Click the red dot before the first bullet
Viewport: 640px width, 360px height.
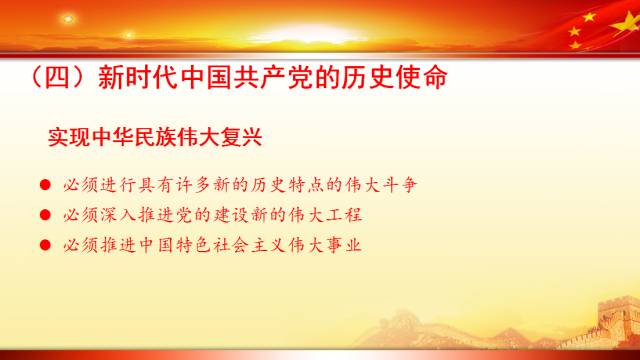tap(44, 186)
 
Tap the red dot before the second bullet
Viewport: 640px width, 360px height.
tap(44, 215)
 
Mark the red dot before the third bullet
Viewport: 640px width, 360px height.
tap(44, 244)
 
